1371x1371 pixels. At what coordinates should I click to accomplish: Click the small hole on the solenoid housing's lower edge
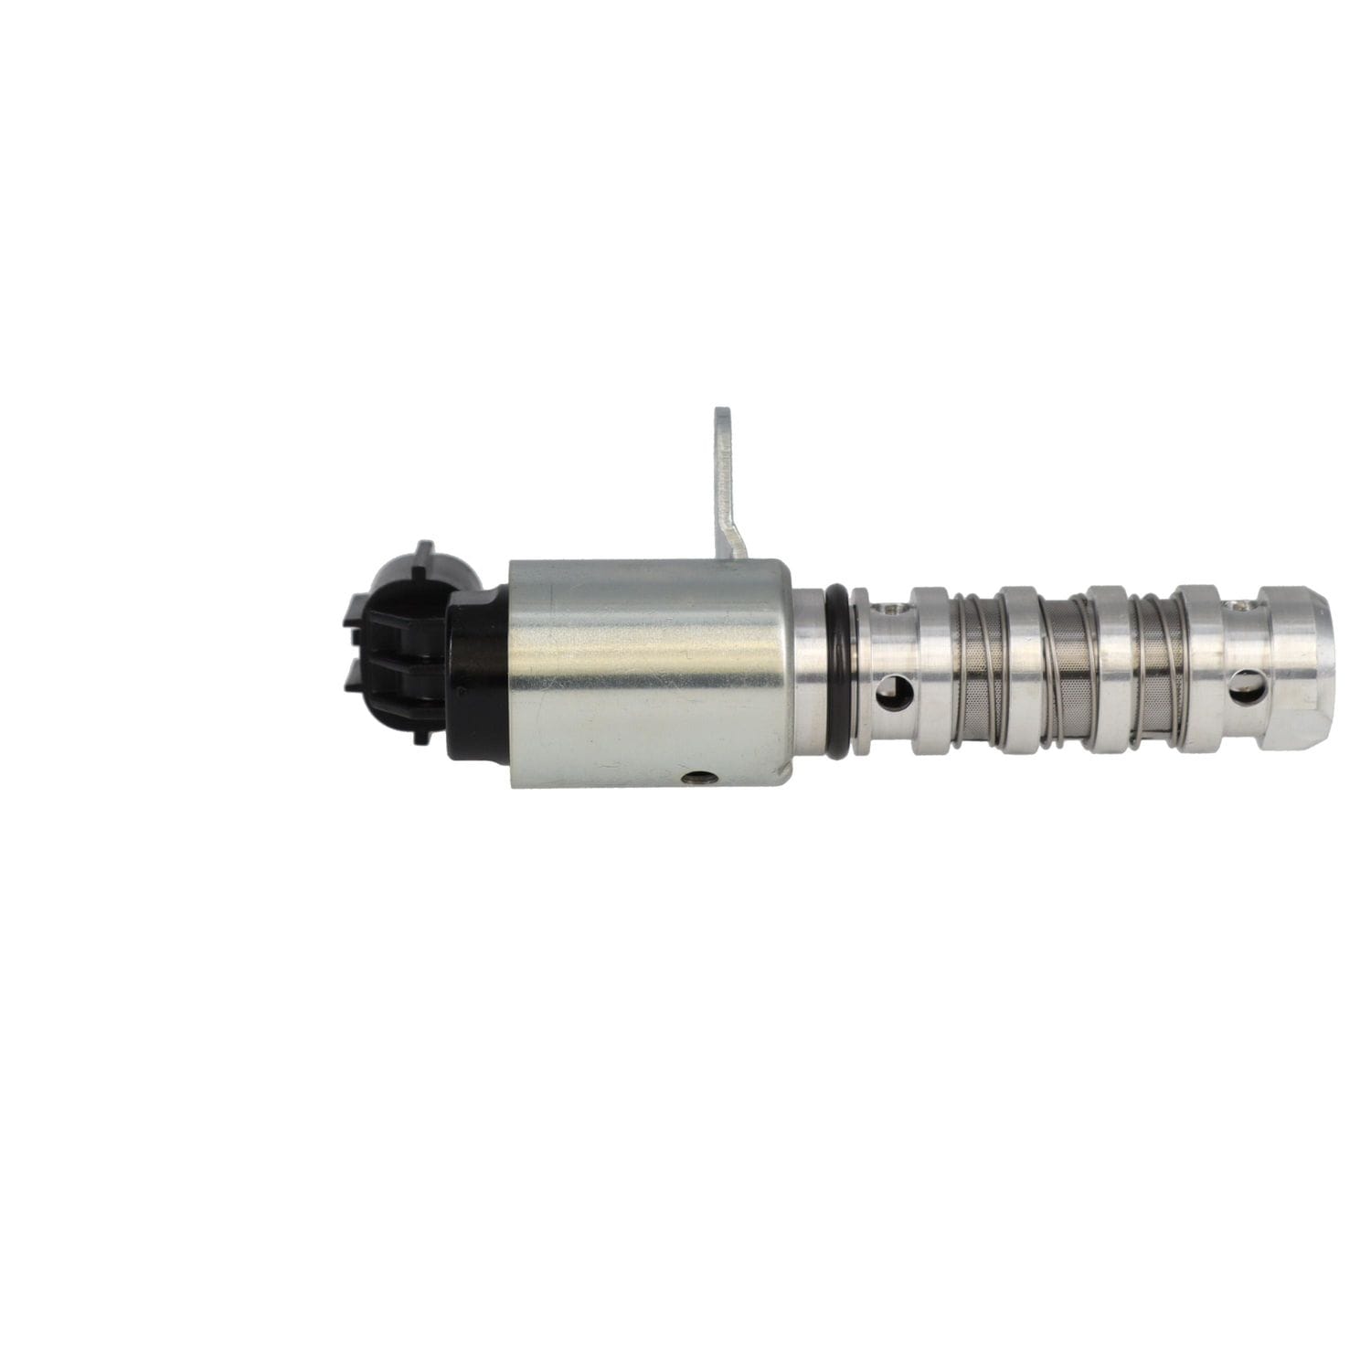(698, 778)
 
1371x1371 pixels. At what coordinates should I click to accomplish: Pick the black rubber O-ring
(836, 672)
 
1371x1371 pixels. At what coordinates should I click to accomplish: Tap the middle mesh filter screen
(1065, 672)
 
